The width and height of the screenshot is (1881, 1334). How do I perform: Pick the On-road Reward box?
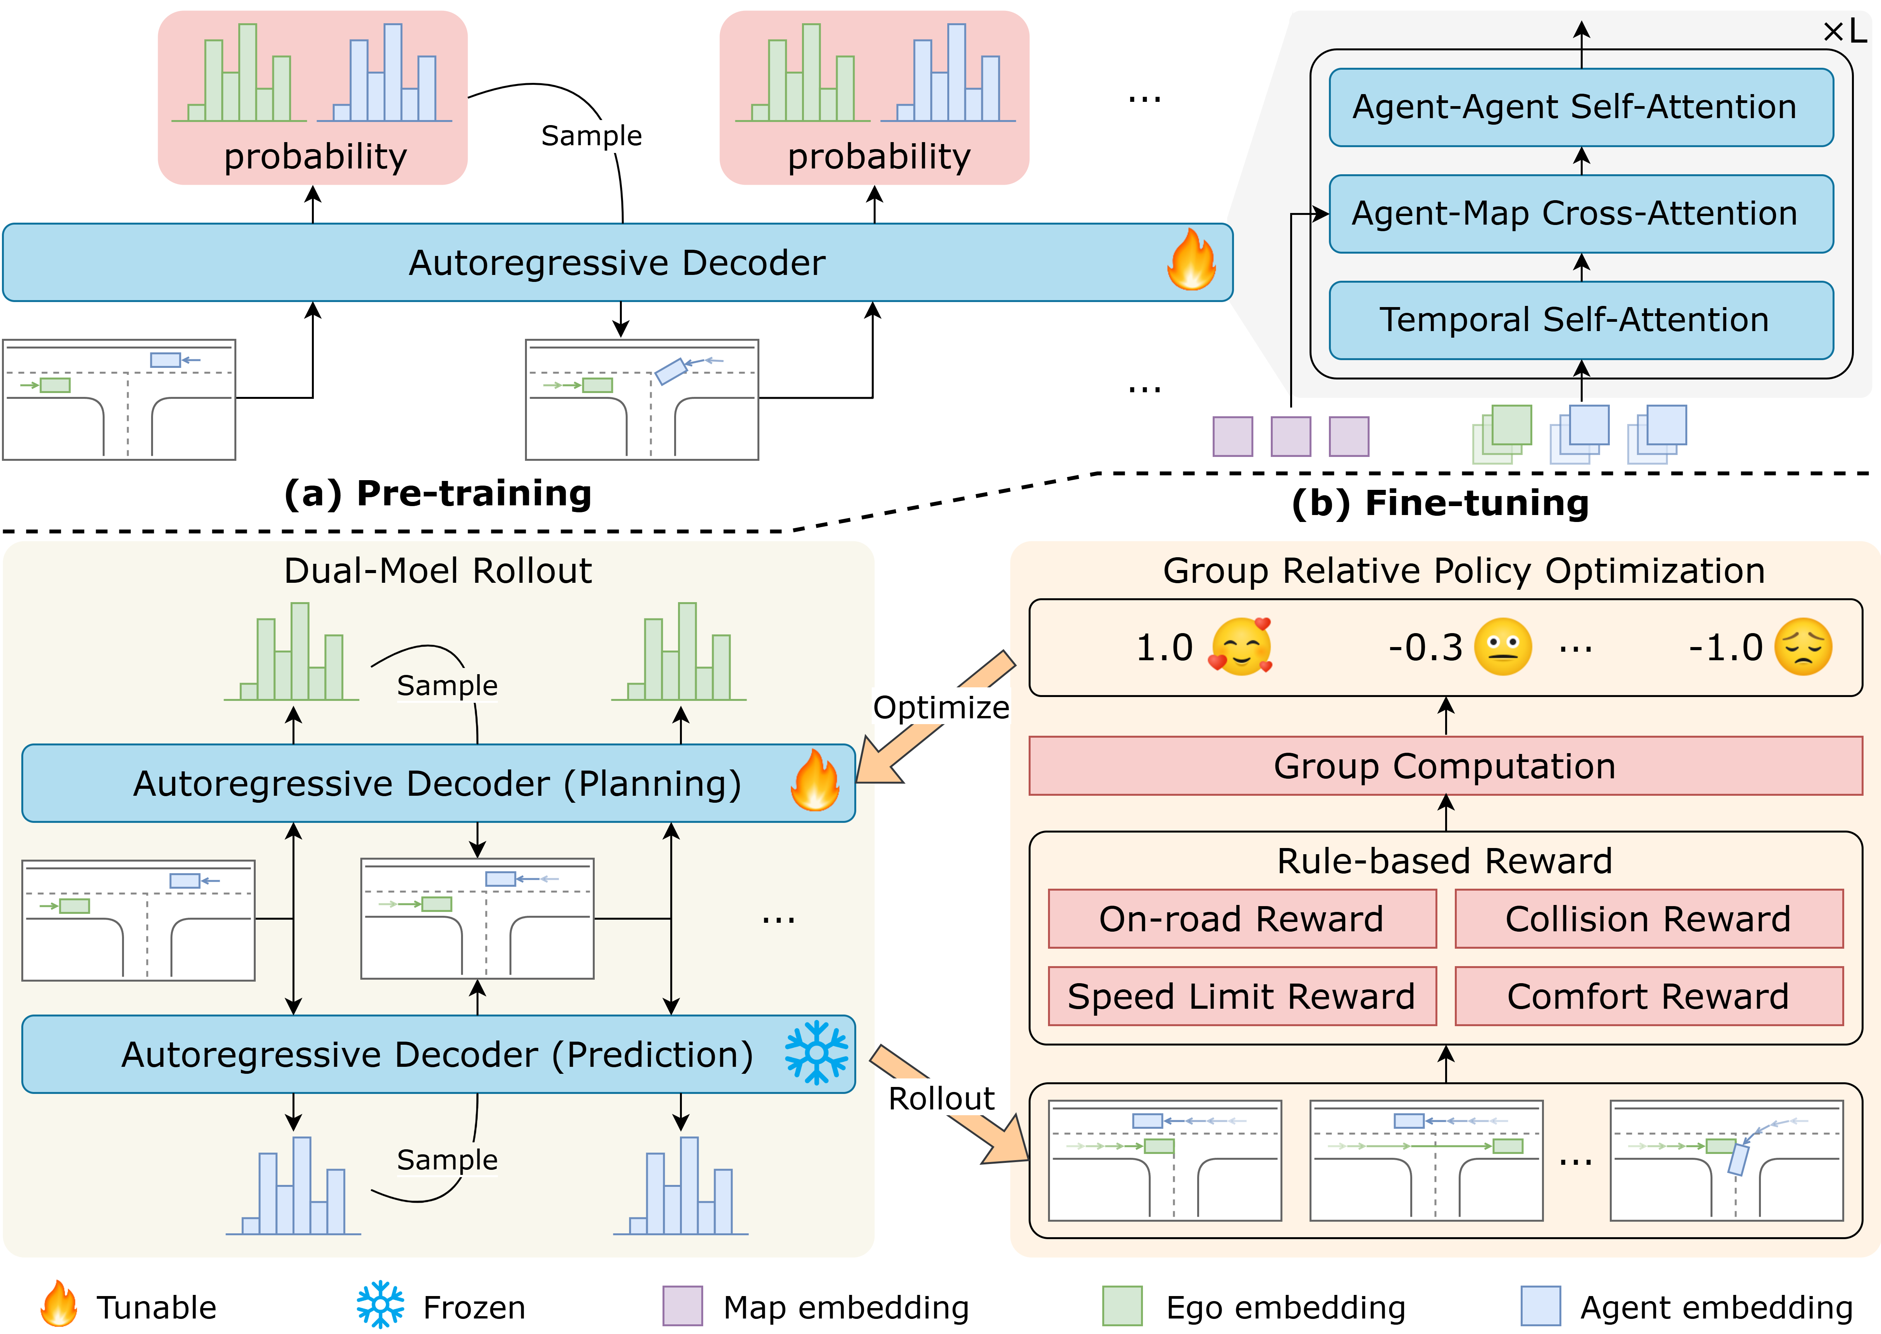tap(1242, 919)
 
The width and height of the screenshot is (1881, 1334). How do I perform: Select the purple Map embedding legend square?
tap(682, 1305)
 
